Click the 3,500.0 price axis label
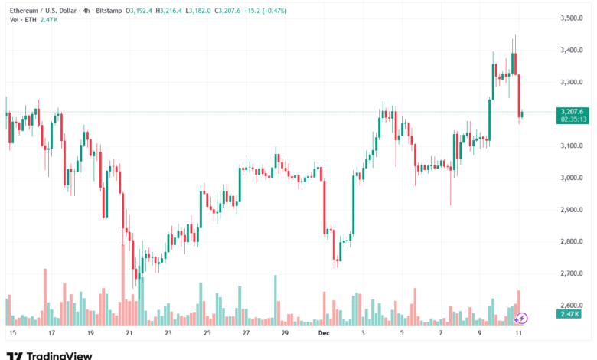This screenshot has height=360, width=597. click(572, 18)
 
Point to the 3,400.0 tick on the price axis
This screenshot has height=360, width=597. click(572, 50)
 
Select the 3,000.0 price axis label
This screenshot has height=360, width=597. click(572, 178)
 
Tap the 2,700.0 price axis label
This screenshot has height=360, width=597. click(572, 273)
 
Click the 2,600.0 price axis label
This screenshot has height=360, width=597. click(572, 305)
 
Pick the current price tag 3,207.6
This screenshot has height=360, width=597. click(573, 112)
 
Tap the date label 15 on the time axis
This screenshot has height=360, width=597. click(11, 334)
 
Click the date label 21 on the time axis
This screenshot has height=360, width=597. click(129, 334)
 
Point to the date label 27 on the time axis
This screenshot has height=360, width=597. click(246, 334)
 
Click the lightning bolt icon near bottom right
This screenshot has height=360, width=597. click(522, 317)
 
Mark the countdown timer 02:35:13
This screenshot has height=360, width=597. click(573, 119)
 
